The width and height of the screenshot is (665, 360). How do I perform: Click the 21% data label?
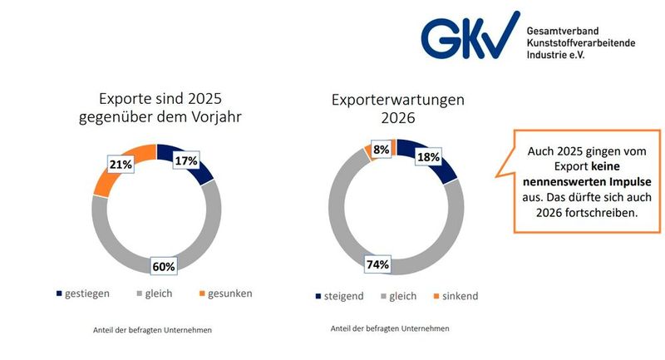[x=121, y=165]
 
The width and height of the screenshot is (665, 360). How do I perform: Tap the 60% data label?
[x=162, y=266]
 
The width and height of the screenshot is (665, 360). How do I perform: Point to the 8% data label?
[x=382, y=150]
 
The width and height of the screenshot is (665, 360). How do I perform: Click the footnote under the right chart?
[x=390, y=328]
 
